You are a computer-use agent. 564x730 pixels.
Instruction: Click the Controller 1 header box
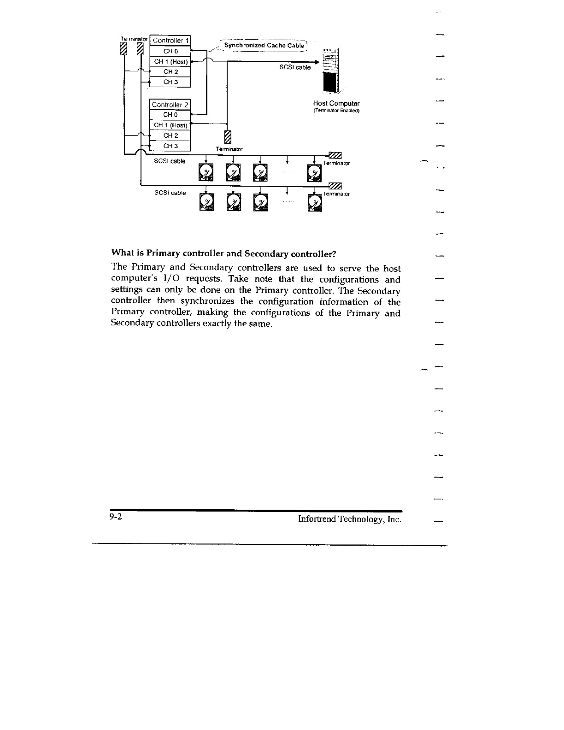pos(170,41)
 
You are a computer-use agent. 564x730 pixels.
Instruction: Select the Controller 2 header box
pos(170,105)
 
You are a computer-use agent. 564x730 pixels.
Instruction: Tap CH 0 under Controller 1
pos(170,51)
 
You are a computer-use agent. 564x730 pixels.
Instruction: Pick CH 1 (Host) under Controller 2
pos(170,125)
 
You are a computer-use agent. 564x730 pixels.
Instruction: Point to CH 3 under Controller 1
pos(170,82)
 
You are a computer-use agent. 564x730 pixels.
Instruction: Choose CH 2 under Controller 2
pos(170,135)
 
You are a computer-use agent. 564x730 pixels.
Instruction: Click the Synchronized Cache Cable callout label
pos(264,46)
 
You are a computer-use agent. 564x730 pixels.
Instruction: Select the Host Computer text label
pos(336,104)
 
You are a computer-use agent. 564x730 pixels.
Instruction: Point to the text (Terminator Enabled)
pos(336,111)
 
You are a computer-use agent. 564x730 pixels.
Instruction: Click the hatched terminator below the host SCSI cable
pos(227,137)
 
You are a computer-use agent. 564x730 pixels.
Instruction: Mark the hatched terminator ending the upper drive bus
pos(335,156)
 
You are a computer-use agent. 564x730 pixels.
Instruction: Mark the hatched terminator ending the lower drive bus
pos(335,186)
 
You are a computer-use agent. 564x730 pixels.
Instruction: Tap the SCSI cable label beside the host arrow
pos(295,68)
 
